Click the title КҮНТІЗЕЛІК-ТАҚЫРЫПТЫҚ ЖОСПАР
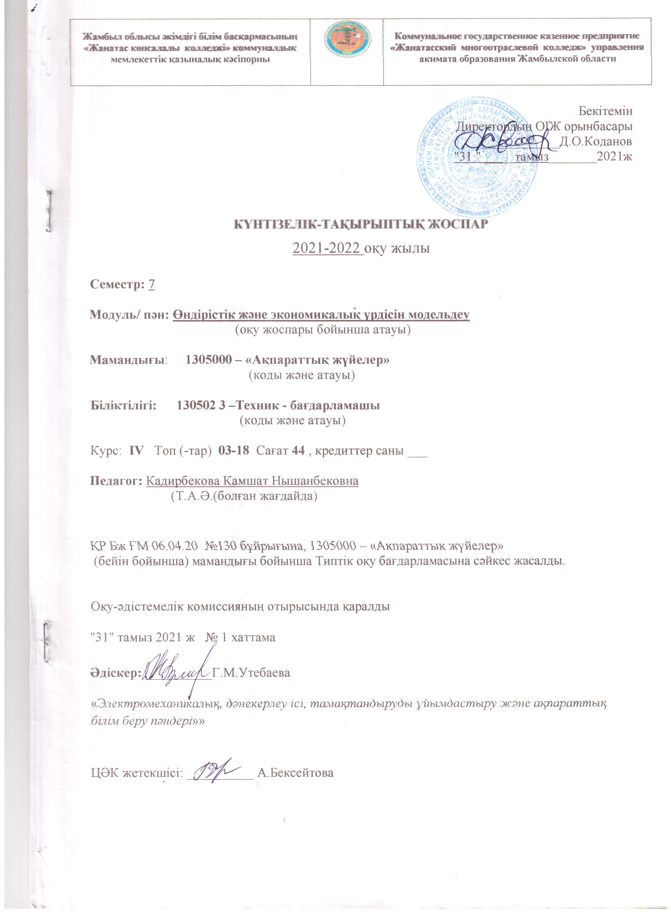click(x=359, y=224)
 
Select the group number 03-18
click(x=234, y=450)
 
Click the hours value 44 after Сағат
click(x=298, y=450)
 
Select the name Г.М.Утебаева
click(x=251, y=672)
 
